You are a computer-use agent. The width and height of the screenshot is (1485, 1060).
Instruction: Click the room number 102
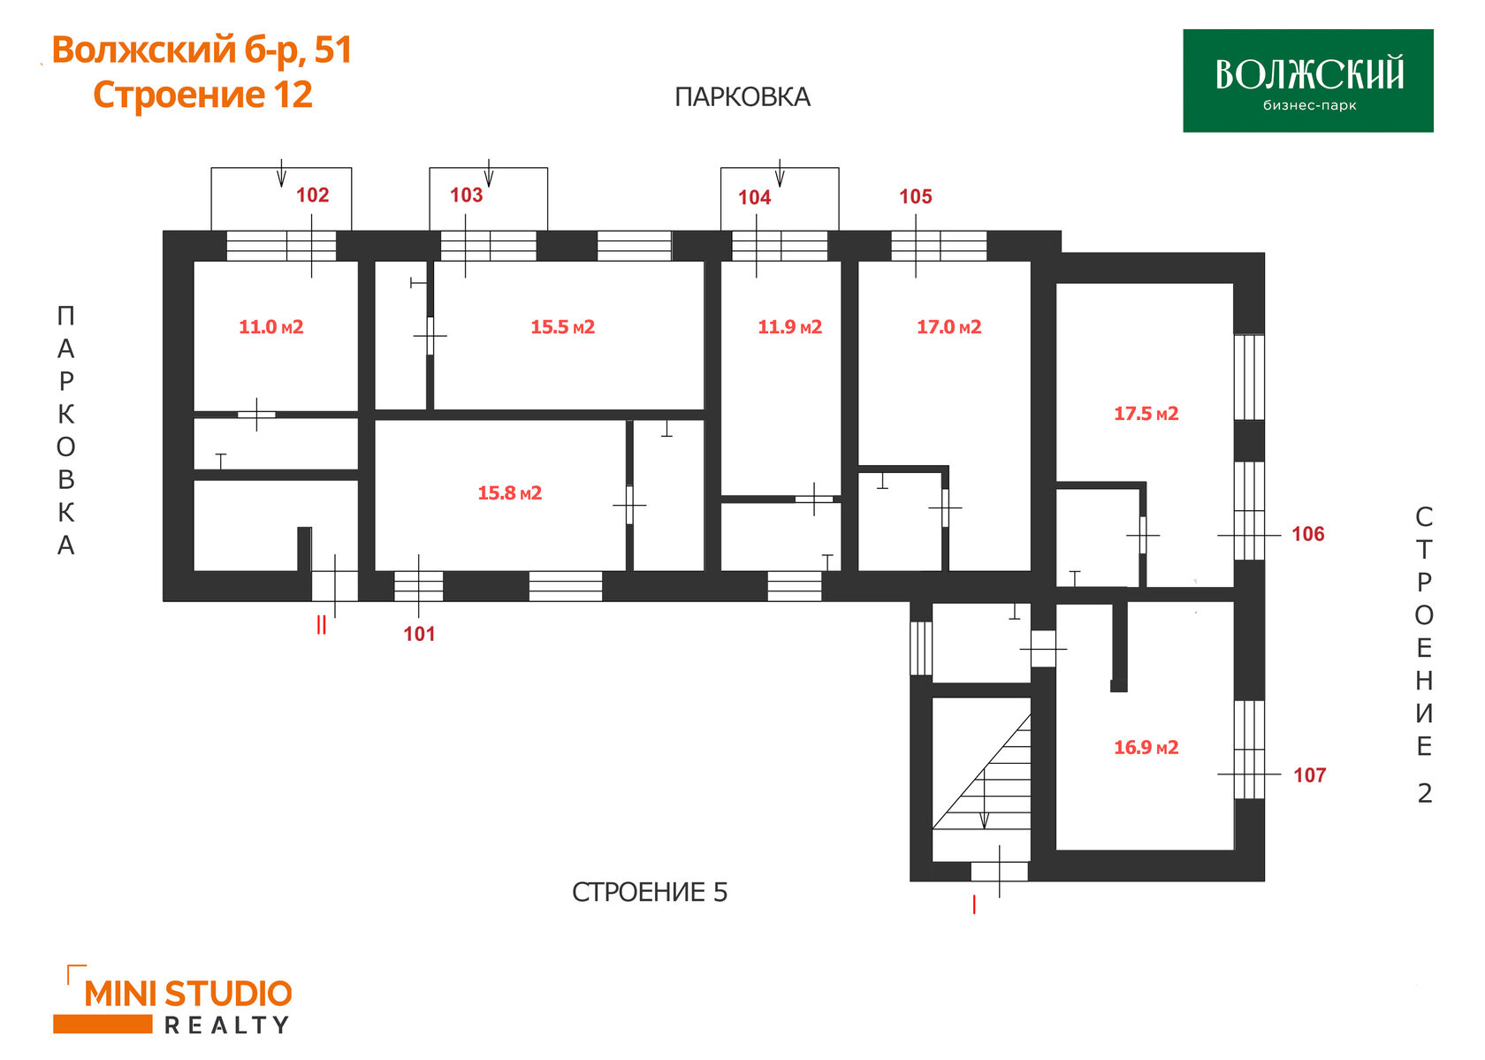312,194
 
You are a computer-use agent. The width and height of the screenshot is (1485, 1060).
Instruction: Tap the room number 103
466,194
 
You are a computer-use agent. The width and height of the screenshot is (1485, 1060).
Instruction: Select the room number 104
755,197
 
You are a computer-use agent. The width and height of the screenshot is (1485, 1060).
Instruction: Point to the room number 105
916,196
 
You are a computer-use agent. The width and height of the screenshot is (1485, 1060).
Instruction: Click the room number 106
1308,534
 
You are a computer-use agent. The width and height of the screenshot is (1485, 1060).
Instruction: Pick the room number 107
1310,775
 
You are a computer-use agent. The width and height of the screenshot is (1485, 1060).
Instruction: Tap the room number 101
419,634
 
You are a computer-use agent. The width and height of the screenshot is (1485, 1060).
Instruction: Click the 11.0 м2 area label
271,327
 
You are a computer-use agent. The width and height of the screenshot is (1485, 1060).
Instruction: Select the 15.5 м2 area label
563,327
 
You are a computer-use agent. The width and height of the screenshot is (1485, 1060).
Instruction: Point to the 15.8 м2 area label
510,492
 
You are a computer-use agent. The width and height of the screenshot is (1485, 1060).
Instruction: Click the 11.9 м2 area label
790,327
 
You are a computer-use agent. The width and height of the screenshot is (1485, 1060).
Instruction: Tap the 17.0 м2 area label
949,327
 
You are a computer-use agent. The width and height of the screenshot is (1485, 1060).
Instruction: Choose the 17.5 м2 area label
1146,414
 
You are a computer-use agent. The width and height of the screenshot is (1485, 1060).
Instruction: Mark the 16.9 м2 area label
1146,747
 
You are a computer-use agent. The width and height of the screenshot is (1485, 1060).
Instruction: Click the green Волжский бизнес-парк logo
1308,80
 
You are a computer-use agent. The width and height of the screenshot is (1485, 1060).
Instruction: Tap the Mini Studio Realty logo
173,1000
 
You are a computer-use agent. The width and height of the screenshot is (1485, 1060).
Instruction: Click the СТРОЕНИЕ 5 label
650,892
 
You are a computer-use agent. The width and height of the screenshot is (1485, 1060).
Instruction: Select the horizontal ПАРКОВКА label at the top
742,97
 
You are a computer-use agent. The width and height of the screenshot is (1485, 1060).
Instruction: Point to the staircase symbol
982,773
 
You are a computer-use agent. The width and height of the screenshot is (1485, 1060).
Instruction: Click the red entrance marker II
322,624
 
